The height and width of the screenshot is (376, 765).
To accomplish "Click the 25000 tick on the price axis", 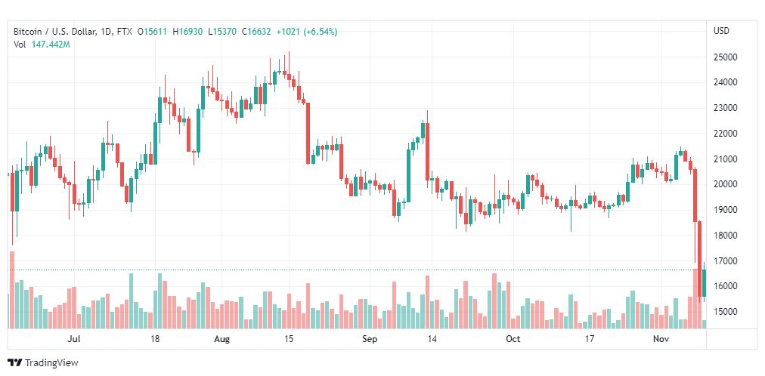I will click(726, 57).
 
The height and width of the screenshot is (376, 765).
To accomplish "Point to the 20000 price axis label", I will click(726, 184).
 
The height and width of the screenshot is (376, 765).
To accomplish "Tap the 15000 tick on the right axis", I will click(726, 312).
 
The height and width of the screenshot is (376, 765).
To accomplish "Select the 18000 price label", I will click(726, 236).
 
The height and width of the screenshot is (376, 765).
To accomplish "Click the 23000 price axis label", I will click(726, 108).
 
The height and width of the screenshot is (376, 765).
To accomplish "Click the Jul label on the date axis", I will click(73, 339).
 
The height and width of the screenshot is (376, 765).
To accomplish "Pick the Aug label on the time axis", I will click(222, 339).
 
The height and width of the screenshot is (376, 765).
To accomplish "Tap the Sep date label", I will click(369, 339).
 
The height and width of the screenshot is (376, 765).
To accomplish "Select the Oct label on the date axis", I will click(513, 339).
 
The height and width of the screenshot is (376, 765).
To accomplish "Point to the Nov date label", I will click(661, 339).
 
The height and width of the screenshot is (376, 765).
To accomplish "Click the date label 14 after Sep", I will click(432, 339).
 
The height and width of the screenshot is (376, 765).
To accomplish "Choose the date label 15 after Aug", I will click(289, 339).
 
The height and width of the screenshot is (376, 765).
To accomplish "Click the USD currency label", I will click(721, 31).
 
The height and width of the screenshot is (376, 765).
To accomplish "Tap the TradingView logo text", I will click(51, 362).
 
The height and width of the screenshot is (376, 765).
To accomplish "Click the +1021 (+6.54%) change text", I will click(307, 32).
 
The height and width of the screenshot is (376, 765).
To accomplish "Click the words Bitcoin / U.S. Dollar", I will click(54, 32).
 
